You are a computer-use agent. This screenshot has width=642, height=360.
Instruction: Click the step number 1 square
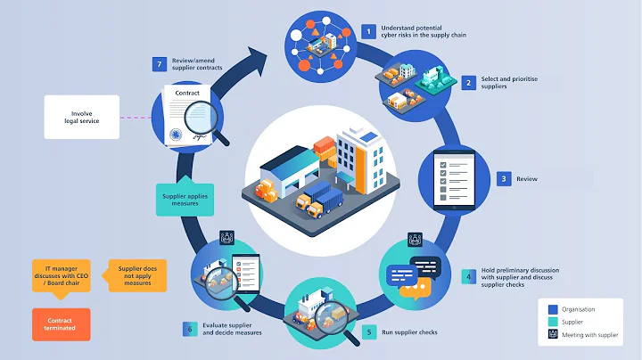click(368, 32)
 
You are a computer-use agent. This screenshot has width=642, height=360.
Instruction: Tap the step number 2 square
click(468, 83)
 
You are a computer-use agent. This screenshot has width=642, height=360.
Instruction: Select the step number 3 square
click(504, 178)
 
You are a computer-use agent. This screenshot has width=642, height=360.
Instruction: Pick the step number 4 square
click(467, 275)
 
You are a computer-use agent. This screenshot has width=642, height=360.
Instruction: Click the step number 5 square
click(369, 332)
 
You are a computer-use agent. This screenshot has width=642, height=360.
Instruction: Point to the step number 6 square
click(190, 329)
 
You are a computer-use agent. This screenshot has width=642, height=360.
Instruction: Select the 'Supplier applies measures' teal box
click(185, 200)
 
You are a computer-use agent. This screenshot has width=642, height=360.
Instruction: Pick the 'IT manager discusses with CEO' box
click(62, 275)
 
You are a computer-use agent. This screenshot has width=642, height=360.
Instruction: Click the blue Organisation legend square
click(554, 309)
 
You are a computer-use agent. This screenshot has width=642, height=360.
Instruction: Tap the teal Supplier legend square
click(554, 323)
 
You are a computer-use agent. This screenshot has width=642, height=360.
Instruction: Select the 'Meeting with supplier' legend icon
click(554, 335)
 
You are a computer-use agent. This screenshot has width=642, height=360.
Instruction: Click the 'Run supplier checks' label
click(408, 332)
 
